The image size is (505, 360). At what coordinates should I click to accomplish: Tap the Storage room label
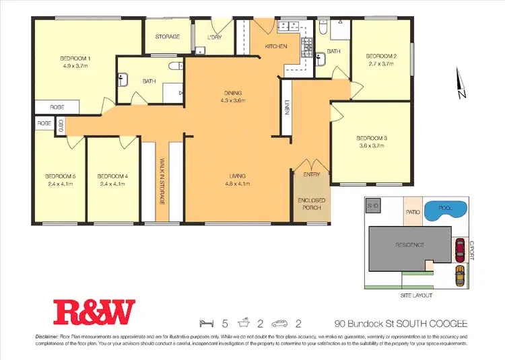tap(168, 36)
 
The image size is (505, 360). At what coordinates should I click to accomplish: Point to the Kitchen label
tap(276, 46)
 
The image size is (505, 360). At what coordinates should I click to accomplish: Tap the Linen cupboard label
tap(286, 108)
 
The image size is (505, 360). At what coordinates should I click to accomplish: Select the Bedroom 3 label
tap(371, 142)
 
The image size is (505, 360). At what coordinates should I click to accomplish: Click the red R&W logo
tap(95, 312)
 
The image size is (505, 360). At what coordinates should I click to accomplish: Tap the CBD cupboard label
tap(61, 124)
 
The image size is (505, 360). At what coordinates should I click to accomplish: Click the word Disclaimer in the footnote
tap(48, 336)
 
